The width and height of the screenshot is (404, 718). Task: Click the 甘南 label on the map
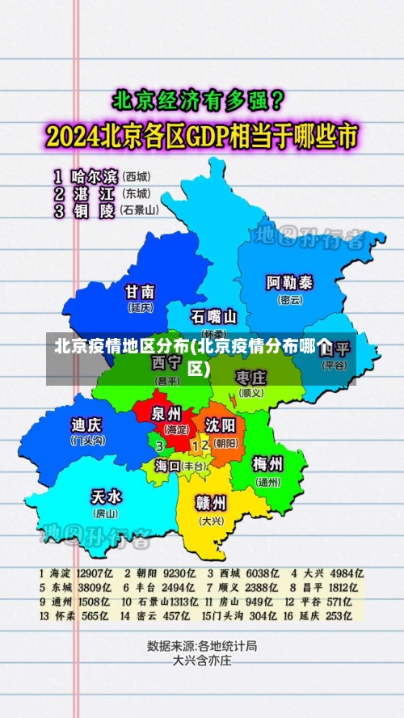point(140,292)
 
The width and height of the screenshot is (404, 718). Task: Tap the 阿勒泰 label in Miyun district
point(290,283)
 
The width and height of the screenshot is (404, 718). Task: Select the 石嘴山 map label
point(214,315)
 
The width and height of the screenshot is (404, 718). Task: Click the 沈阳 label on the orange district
point(220,425)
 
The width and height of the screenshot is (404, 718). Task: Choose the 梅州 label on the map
point(267,464)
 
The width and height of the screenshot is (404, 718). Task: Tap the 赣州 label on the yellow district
point(212,503)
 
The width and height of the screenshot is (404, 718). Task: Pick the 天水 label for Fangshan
point(106,496)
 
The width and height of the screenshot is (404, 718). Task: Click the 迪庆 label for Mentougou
point(87,424)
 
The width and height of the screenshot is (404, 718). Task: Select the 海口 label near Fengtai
point(168,466)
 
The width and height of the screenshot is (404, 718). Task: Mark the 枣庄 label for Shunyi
point(250,378)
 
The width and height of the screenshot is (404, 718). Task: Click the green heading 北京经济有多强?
point(198,103)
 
